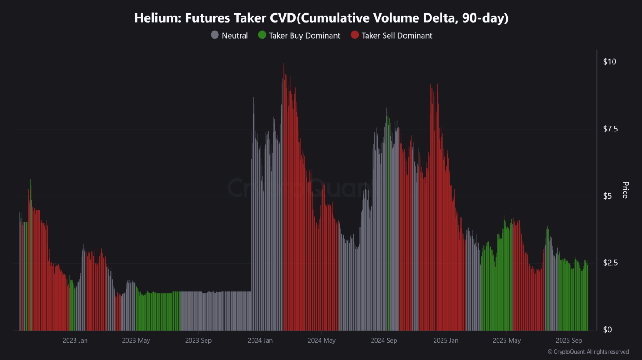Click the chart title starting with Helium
click(321, 18)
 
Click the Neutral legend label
click(235, 35)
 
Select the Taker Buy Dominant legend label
click(304, 35)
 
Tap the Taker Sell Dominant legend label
click(397, 35)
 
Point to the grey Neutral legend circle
click(215, 35)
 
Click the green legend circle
click(262, 35)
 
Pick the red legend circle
click(355, 35)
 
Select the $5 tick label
click(608, 196)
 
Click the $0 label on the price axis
click(608, 330)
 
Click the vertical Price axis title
click(625, 190)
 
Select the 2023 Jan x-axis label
click(75, 341)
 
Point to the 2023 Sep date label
click(198, 341)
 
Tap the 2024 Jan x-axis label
click(260, 341)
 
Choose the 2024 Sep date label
click(384, 341)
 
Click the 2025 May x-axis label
click(506, 341)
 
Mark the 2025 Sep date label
click(569, 341)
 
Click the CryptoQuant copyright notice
click(588, 352)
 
